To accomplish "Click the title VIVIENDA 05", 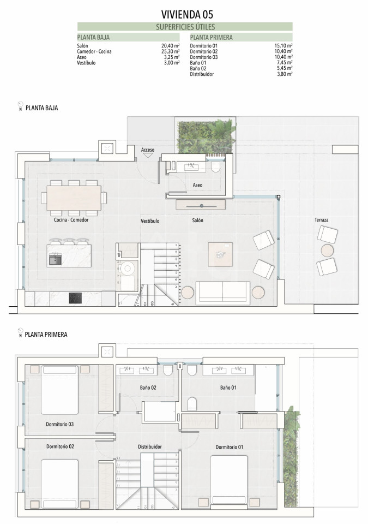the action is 186,14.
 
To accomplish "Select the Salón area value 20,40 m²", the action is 170,46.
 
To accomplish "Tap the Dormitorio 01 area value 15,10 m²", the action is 283,46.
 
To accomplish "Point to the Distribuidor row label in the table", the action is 202,74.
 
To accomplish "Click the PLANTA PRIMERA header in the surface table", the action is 211,38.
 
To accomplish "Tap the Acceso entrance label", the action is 148,150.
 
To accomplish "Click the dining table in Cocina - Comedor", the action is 74,198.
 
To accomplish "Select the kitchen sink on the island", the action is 55,259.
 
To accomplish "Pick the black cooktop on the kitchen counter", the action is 75,298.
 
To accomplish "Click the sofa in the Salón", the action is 222,293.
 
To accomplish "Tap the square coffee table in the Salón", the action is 220,255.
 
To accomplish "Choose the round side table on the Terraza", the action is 327,251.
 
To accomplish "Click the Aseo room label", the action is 197,185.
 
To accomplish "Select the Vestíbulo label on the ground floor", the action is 150,221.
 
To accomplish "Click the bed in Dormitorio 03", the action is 60,390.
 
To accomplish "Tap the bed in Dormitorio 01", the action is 229,480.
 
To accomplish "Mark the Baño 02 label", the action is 148,388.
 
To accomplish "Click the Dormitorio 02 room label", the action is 60,446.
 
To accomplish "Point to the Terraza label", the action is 321,220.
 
